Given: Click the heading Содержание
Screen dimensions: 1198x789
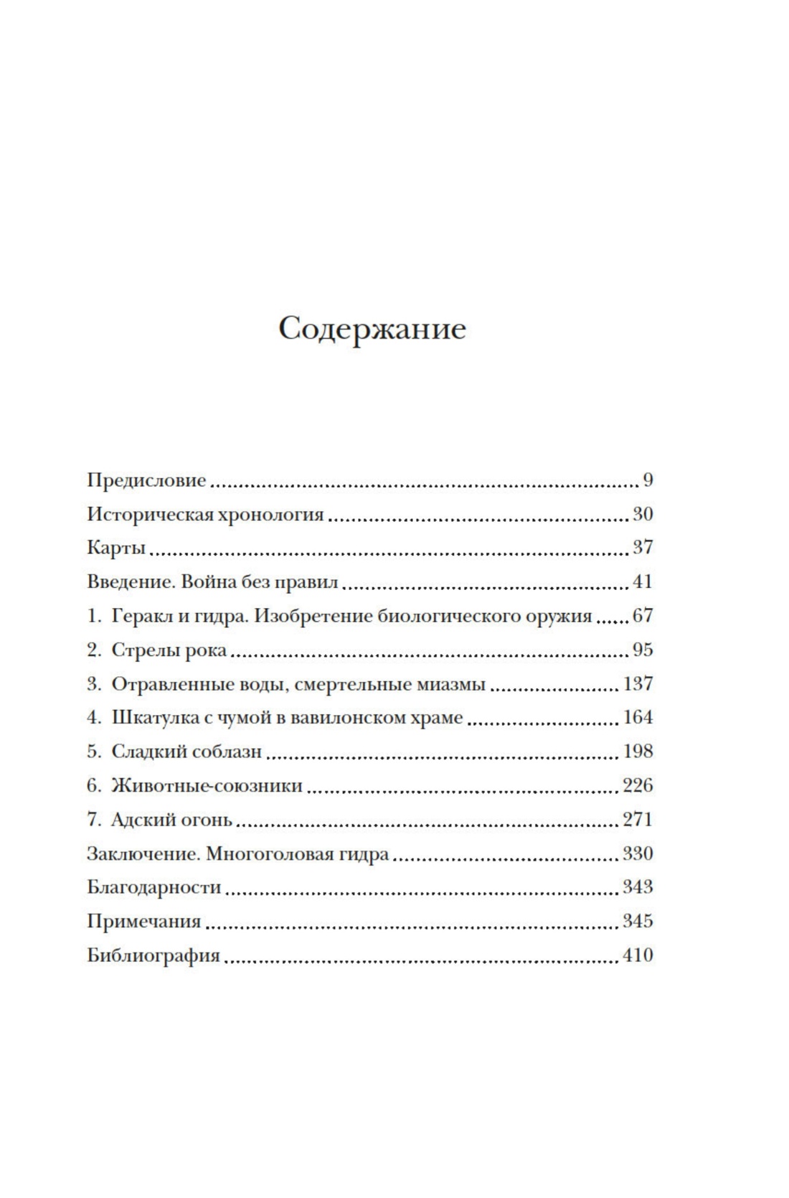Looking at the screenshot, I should click(372, 329).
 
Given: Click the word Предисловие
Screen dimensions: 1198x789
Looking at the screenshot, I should click(146, 480).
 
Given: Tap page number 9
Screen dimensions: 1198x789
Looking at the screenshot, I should click(647, 480).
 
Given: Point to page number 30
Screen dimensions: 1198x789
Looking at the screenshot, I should click(642, 515).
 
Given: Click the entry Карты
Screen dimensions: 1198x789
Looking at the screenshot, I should click(116, 548).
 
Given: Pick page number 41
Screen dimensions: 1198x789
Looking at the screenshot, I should click(642, 582).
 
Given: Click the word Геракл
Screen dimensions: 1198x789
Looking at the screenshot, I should click(142, 616).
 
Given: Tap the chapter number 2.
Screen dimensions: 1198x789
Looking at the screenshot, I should click(95, 650).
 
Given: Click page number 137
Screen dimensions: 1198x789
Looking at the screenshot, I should click(638, 684).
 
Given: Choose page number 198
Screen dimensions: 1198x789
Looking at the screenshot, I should click(638, 752).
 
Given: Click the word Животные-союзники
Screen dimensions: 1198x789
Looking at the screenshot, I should click(207, 786).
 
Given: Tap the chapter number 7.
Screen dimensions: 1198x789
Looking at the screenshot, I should click(95, 820).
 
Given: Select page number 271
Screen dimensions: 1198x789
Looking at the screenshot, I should click(638, 820).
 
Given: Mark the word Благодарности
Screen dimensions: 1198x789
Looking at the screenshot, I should click(154, 887).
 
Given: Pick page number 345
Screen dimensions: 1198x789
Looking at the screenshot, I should click(638, 921).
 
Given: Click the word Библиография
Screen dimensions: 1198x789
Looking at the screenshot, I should click(153, 955).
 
